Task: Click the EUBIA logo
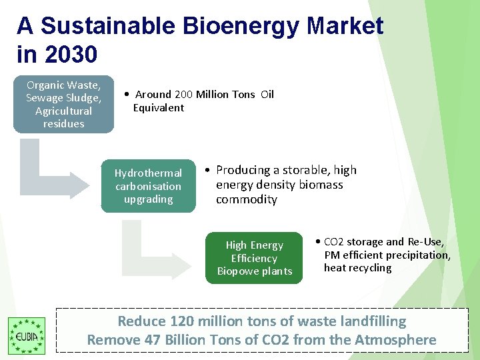pyautogui.click(x=26, y=335)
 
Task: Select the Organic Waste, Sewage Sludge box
pyautogui.click(x=64, y=104)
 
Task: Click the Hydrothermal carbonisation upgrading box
pyautogui.click(x=148, y=186)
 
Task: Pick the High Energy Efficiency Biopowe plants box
pyautogui.click(x=254, y=258)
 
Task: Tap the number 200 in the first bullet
pyautogui.click(x=183, y=95)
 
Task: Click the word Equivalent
pyautogui.click(x=159, y=108)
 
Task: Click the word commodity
pyautogui.click(x=246, y=199)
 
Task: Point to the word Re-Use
pyautogui.click(x=425, y=242)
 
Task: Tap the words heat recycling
pyautogui.click(x=358, y=268)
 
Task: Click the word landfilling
pyautogui.click(x=370, y=321)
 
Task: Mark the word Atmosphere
pyautogui.click(x=395, y=340)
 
